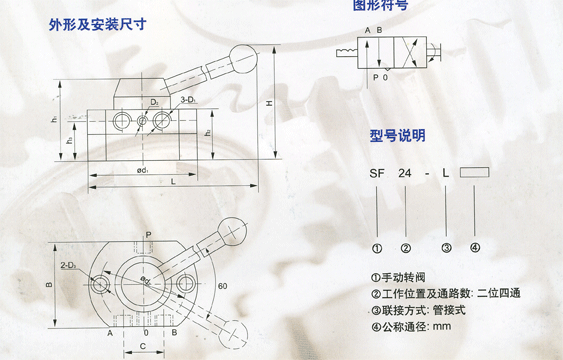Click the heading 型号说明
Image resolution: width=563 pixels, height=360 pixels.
point(398,135)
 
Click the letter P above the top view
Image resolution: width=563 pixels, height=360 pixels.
point(147,235)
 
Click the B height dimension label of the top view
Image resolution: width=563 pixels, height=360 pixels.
point(49,283)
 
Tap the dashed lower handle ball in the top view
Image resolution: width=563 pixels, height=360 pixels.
point(236,325)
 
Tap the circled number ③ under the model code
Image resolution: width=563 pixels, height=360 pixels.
point(446,248)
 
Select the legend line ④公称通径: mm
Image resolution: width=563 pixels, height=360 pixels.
point(411,325)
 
